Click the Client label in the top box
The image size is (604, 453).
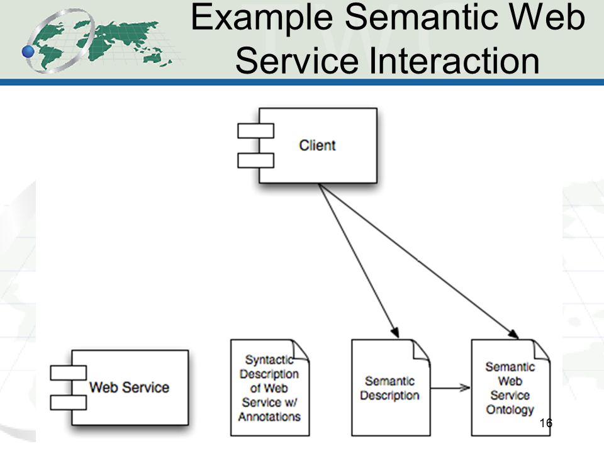[317, 145]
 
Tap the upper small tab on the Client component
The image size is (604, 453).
[256, 131]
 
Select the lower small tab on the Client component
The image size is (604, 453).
[256, 160]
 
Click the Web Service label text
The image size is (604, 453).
[129, 387]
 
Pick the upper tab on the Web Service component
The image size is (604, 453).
[68, 373]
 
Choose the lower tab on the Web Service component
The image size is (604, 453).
[68, 403]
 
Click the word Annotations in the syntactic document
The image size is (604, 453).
[269, 417]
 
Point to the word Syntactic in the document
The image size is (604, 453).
[269, 360]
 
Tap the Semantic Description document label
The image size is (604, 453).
[390, 388]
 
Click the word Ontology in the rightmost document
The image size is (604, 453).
[510, 410]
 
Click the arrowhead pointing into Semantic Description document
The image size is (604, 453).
[395, 332]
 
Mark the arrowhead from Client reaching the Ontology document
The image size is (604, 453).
[513, 333]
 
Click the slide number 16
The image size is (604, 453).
[546, 423]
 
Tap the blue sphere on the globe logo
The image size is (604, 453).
[28, 51]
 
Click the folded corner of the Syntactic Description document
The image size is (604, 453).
[301, 350]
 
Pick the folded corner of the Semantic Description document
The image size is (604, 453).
[422, 350]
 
